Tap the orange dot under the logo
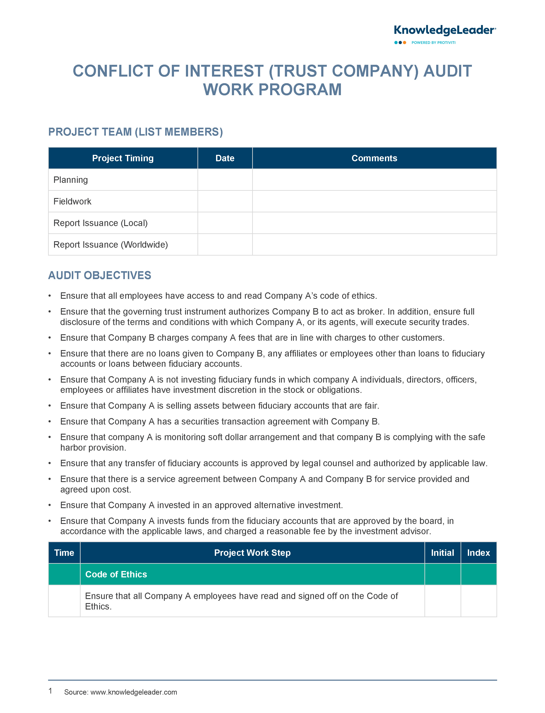coord(405,43)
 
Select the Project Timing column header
coord(123,158)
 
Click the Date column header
coord(225,158)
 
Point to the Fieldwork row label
coord(72,201)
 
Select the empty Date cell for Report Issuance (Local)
coord(225,223)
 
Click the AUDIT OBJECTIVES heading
coord(100,275)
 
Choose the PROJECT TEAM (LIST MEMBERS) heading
coord(135,132)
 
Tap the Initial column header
coord(442,553)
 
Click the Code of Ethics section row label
coord(116,574)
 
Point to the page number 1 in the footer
coord(50,691)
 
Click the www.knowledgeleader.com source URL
coord(133,692)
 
